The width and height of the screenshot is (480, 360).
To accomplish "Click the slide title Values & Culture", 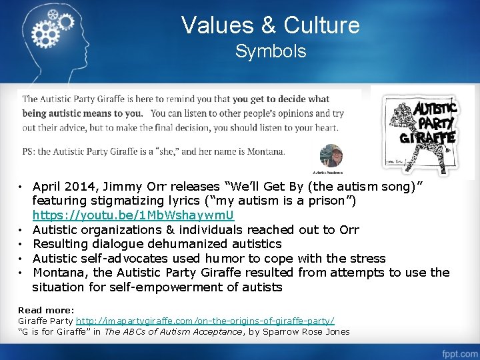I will point(270,25).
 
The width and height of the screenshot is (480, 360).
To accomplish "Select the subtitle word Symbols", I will point(270,51).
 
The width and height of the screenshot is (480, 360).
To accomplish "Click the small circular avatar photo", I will point(331,154).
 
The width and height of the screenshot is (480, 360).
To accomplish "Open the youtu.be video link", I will point(133,215).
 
